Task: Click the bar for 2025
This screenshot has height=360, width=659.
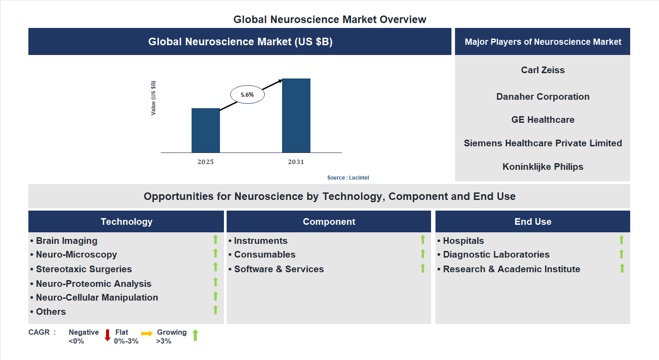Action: click(205, 130)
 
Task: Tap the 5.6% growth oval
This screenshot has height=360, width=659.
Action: click(247, 94)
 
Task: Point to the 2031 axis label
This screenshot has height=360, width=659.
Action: click(296, 162)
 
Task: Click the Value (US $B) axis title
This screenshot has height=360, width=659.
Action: click(153, 98)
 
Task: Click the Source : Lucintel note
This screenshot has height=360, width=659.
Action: click(348, 178)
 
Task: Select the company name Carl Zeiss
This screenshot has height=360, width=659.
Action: click(543, 70)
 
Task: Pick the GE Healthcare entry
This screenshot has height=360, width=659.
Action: click(543, 120)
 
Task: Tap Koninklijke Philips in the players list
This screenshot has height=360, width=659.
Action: click(543, 167)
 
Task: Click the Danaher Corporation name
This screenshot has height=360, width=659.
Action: click(543, 97)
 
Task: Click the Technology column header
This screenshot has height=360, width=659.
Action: click(126, 222)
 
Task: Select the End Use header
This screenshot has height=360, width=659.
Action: click(533, 222)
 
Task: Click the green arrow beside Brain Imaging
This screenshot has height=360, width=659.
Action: click(216, 239)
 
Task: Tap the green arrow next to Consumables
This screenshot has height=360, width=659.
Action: click(423, 254)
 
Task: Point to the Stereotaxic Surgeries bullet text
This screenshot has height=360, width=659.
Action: click(84, 269)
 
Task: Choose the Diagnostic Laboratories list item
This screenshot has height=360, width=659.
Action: click(496, 254)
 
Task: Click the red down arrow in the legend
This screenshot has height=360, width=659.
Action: click(107, 335)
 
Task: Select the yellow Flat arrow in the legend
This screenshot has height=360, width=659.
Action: click(147, 333)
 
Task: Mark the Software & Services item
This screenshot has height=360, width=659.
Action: click(279, 269)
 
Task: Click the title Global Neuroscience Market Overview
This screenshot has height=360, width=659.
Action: click(329, 20)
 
